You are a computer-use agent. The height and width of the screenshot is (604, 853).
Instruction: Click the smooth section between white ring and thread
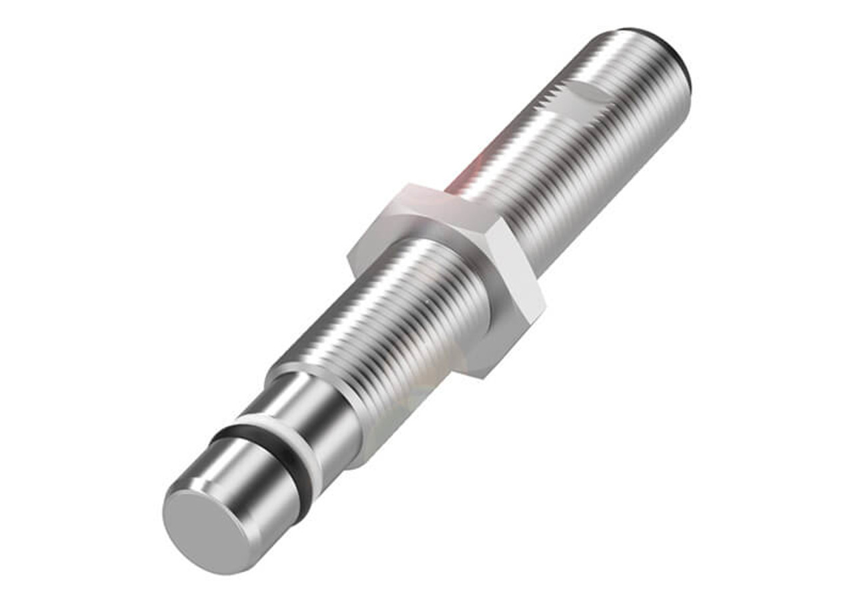click(313, 407)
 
